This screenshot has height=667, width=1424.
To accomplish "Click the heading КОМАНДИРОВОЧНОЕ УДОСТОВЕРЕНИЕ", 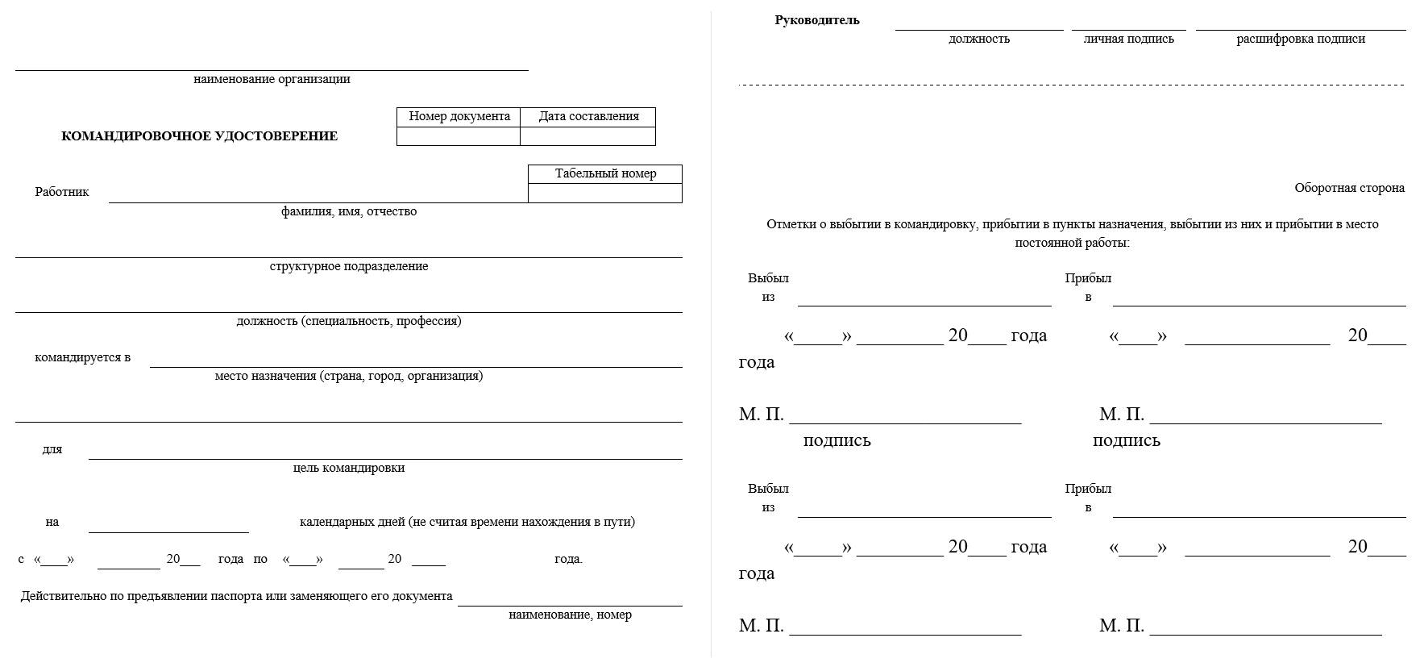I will (x=199, y=136).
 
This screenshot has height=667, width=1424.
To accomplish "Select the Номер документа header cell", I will (x=459, y=116).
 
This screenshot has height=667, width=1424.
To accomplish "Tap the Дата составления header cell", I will (x=588, y=116).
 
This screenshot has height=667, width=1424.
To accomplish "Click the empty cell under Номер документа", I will (x=459, y=136).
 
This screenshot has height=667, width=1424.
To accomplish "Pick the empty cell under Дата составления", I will (x=587, y=136).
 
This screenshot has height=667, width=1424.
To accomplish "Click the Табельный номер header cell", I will (x=605, y=173).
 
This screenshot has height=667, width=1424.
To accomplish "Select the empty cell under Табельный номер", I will (x=605, y=194).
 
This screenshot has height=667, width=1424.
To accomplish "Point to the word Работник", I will (x=62, y=192).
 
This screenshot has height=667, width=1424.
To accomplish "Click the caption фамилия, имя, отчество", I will (x=349, y=211).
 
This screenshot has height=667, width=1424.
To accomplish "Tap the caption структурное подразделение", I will (x=349, y=266).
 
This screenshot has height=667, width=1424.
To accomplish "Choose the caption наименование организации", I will (x=272, y=79).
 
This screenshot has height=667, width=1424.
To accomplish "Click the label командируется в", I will (x=82, y=357).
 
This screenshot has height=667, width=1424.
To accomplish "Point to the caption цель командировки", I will (x=349, y=468).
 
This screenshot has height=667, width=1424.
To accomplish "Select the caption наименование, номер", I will (x=570, y=615).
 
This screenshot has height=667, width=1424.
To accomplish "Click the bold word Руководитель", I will (x=817, y=20).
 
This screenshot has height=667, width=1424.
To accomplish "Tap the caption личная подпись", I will (x=1128, y=39).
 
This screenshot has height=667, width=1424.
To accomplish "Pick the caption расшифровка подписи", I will (x=1301, y=39).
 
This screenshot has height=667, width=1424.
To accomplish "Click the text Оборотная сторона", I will (x=1349, y=188).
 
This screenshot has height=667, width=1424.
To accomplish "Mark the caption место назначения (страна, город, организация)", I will (x=349, y=376).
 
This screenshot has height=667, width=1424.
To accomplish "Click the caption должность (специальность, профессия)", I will (x=349, y=321).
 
